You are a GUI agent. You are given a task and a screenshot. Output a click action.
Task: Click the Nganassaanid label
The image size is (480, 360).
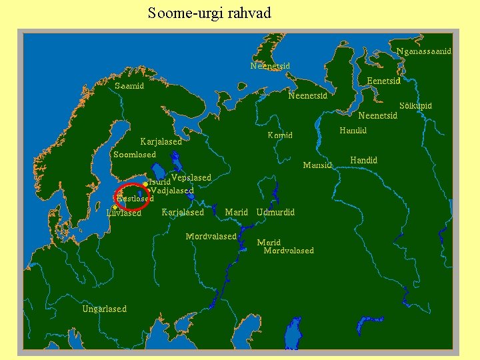[423, 51]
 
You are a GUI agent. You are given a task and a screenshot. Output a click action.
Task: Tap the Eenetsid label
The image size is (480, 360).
[383, 81]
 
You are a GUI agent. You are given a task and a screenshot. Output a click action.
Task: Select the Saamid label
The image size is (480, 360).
[129, 86]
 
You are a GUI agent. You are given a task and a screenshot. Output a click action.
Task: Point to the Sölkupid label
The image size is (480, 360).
[415, 106]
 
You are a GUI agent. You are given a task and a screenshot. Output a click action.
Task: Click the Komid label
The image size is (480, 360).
[280, 135]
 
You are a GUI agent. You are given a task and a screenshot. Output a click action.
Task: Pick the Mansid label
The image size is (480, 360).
[317, 165]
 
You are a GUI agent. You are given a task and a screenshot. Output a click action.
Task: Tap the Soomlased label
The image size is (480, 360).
[135, 155]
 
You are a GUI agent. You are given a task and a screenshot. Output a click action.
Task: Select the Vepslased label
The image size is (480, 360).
[191, 177]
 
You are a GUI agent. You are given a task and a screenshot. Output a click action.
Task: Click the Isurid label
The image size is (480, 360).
[159, 182]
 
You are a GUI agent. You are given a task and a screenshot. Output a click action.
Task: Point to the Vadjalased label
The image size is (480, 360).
[173, 191]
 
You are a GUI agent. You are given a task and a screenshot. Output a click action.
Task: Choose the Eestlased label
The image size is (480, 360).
[135, 198]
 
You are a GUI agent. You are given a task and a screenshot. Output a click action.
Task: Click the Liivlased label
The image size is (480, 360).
[124, 213]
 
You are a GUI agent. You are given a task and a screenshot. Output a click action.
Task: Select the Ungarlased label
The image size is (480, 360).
[104, 309]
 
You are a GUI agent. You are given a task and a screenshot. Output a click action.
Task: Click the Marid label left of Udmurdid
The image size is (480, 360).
[237, 212]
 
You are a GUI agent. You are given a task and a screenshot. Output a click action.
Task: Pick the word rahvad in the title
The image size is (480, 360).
[251, 13]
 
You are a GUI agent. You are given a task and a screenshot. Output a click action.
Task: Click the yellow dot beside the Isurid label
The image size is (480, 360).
[145, 183]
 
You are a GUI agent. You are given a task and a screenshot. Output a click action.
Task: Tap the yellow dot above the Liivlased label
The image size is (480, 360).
[115, 207]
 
